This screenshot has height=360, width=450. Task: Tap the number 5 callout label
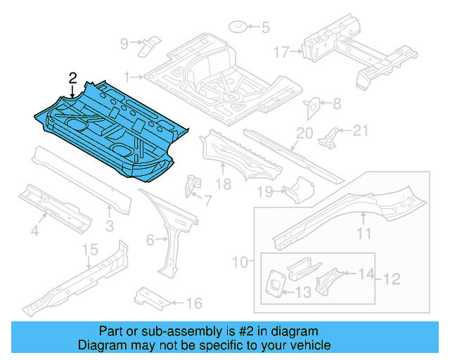point(265,29)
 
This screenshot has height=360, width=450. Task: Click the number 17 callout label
point(281,52)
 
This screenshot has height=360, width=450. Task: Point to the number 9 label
point(124,44)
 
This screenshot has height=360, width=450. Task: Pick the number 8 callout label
point(336,104)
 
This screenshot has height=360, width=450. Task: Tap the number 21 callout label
point(360,129)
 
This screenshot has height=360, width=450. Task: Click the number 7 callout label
point(207,201)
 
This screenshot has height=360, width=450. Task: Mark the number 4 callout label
point(33,229)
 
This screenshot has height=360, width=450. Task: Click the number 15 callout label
point(89,250)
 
